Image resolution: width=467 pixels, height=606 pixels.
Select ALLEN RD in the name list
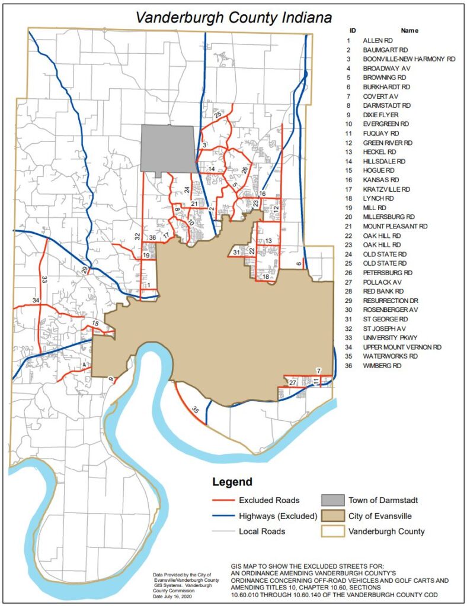click(378, 40)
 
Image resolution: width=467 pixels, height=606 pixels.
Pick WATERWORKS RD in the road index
click(390, 357)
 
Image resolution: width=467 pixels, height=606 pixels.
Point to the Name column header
click(410, 30)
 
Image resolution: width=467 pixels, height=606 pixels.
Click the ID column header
click(353, 30)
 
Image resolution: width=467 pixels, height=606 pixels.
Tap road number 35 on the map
click(195, 409)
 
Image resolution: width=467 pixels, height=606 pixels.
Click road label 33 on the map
click(44, 278)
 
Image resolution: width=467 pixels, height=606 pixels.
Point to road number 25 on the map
click(218, 114)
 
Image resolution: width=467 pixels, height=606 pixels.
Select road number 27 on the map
click(292, 383)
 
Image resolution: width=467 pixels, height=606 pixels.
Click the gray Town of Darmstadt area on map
click(168, 148)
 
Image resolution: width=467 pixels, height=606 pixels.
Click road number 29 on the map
click(85, 270)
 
